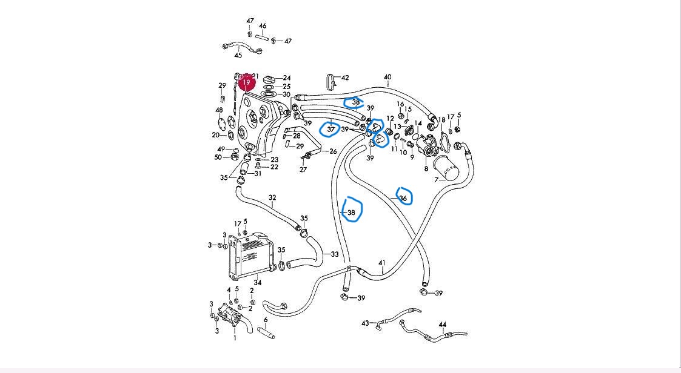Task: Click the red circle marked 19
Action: (x=246, y=82)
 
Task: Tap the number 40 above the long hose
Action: (x=387, y=78)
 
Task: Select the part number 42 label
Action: (x=345, y=78)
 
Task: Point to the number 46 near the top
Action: (x=263, y=26)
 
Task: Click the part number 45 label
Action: (x=238, y=56)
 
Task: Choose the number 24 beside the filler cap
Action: (x=287, y=78)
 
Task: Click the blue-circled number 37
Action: (x=331, y=129)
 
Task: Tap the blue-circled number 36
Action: (x=403, y=198)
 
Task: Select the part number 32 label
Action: (x=272, y=198)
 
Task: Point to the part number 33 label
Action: (x=334, y=254)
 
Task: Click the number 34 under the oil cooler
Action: (x=257, y=282)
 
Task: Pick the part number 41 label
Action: (x=381, y=263)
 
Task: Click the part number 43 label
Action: (x=366, y=323)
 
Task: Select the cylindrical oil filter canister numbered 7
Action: (x=448, y=167)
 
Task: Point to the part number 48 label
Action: (x=219, y=110)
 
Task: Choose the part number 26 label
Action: (x=333, y=151)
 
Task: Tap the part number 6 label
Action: (x=265, y=320)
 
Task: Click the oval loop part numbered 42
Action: (x=330, y=81)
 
